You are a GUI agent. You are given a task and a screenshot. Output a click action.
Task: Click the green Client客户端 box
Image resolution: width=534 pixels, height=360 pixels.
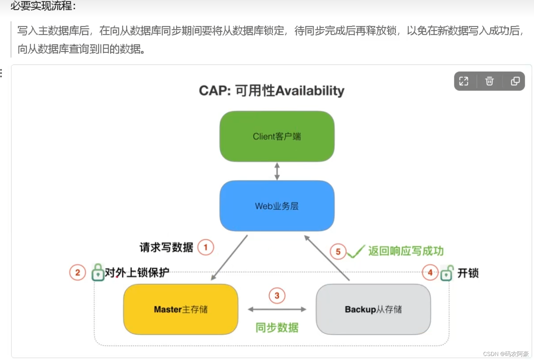click(x=277, y=136)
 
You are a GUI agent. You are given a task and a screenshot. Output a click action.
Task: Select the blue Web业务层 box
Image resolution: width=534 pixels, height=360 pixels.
click(x=277, y=206)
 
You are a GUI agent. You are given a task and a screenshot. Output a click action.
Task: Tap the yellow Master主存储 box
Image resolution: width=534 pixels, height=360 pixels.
click(x=180, y=309)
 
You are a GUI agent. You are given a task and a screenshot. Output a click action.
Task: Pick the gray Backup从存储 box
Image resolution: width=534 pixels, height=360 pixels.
click(x=373, y=309)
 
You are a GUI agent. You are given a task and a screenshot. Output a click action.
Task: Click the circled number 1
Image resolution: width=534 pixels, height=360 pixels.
click(x=206, y=247)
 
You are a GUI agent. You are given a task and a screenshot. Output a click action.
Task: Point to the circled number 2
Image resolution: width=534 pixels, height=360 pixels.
click(x=78, y=272)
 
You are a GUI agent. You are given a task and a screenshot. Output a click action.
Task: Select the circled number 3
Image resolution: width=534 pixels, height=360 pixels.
click(x=277, y=295)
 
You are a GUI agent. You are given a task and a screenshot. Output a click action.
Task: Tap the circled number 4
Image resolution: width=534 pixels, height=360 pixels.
click(x=430, y=272)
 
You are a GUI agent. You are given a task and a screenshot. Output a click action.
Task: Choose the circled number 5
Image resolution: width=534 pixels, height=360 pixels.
click(x=338, y=251)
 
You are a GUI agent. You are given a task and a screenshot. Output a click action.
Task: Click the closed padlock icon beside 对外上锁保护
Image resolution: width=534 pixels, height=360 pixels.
click(x=98, y=272)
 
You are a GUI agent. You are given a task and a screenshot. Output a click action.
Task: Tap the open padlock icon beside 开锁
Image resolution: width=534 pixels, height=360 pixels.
click(x=447, y=273)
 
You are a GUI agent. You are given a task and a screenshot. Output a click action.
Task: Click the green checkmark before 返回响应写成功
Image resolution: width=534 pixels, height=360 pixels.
click(x=356, y=251)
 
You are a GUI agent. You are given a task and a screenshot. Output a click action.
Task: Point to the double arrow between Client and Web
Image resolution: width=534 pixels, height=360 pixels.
click(x=277, y=171)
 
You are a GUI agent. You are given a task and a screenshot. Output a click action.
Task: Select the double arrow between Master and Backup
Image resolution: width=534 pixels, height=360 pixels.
click(x=277, y=310)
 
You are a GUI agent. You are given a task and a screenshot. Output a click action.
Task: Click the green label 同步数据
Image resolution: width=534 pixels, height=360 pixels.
click(x=277, y=328)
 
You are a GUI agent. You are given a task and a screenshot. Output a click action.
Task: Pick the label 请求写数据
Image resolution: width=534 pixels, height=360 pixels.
click(x=166, y=247)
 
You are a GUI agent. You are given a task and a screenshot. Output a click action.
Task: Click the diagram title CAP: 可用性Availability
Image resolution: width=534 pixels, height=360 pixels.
click(x=271, y=91)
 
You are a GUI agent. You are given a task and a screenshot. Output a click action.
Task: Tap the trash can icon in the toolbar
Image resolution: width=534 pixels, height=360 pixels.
click(x=489, y=81)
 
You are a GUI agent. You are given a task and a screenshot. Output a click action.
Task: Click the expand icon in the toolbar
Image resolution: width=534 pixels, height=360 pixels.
click(x=464, y=81)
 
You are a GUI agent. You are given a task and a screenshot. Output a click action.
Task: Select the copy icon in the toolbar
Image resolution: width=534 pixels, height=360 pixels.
click(x=515, y=81)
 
